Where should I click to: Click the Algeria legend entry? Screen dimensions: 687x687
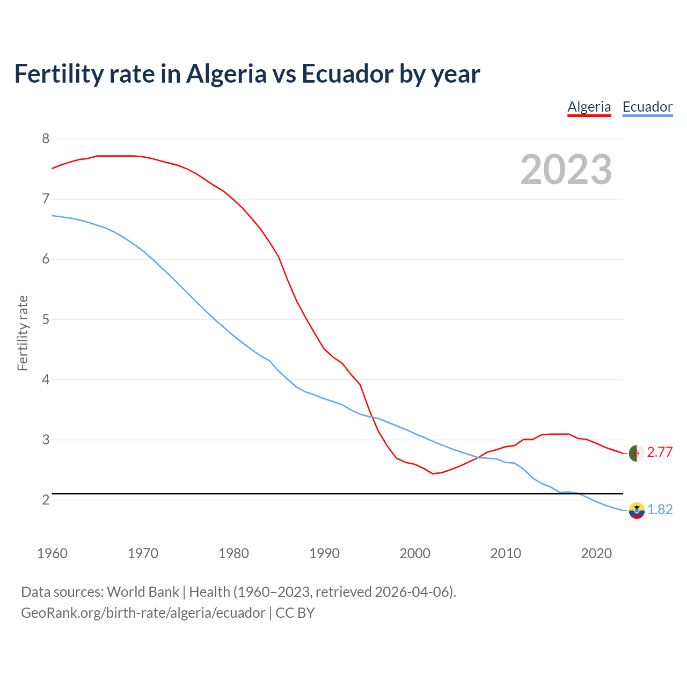pos(589,107)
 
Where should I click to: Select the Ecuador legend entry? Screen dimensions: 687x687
pos(647,107)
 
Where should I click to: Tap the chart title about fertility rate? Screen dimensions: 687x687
pos(247,74)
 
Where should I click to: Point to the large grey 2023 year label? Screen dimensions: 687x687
pos(566,170)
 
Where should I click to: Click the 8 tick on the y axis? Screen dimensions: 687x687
pos(46,139)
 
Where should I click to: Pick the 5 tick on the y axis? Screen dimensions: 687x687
pos(46,319)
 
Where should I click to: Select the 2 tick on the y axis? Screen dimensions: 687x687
pos(46,500)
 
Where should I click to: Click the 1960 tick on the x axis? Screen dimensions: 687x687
pos(52,553)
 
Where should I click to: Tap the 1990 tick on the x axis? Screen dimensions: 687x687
pos(324,553)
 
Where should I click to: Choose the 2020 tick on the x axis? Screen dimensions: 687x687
pos(596,553)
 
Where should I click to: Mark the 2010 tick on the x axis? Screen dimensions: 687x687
pos(506,553)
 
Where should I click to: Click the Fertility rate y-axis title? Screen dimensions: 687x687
pos(23,333)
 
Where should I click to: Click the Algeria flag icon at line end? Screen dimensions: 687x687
pos(636,453)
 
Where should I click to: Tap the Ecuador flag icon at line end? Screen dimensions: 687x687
pos(636,510)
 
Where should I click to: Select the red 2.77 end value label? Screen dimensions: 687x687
pos(660,452)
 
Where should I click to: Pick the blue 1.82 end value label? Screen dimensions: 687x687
pos(660,510)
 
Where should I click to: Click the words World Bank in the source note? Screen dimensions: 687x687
pos(143,592)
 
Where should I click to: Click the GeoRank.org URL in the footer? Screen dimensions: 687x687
pos(143,613)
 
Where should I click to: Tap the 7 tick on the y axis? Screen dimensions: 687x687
pos(46,199)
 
